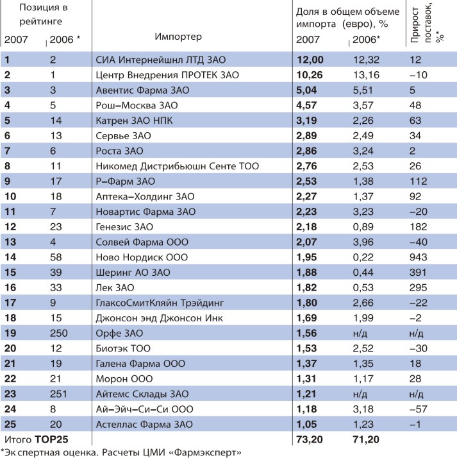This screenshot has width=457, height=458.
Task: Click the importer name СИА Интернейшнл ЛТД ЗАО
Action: (161, 60)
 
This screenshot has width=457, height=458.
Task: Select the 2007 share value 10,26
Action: (310, 75)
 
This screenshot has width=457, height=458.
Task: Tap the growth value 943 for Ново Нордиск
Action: (418, 257)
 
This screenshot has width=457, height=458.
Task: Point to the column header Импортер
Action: (178, 37)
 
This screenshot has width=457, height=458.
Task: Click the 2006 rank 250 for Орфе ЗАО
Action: (59, 334)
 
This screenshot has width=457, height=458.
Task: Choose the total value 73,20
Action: (310, 439)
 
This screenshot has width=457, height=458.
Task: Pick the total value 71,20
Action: (366, 439)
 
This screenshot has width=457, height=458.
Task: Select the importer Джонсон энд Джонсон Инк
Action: (160, 318)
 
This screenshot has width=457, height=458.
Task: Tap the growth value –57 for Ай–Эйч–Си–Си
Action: (419, 409)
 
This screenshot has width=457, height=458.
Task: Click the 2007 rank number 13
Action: (10, 242)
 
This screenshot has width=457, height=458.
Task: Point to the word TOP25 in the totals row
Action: (51, 439)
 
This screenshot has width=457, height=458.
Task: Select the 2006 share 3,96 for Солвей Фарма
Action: (363, 242)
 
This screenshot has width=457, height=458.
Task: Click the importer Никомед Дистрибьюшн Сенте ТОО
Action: (178, 166)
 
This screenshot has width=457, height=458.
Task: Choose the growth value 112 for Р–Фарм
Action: (418, 182)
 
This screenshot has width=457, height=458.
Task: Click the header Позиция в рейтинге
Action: (43, 14)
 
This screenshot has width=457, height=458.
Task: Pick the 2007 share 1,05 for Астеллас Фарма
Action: (307, 425)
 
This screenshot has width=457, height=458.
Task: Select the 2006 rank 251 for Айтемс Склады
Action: (58, 394)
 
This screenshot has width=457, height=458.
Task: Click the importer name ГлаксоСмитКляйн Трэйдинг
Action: (160, 303)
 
